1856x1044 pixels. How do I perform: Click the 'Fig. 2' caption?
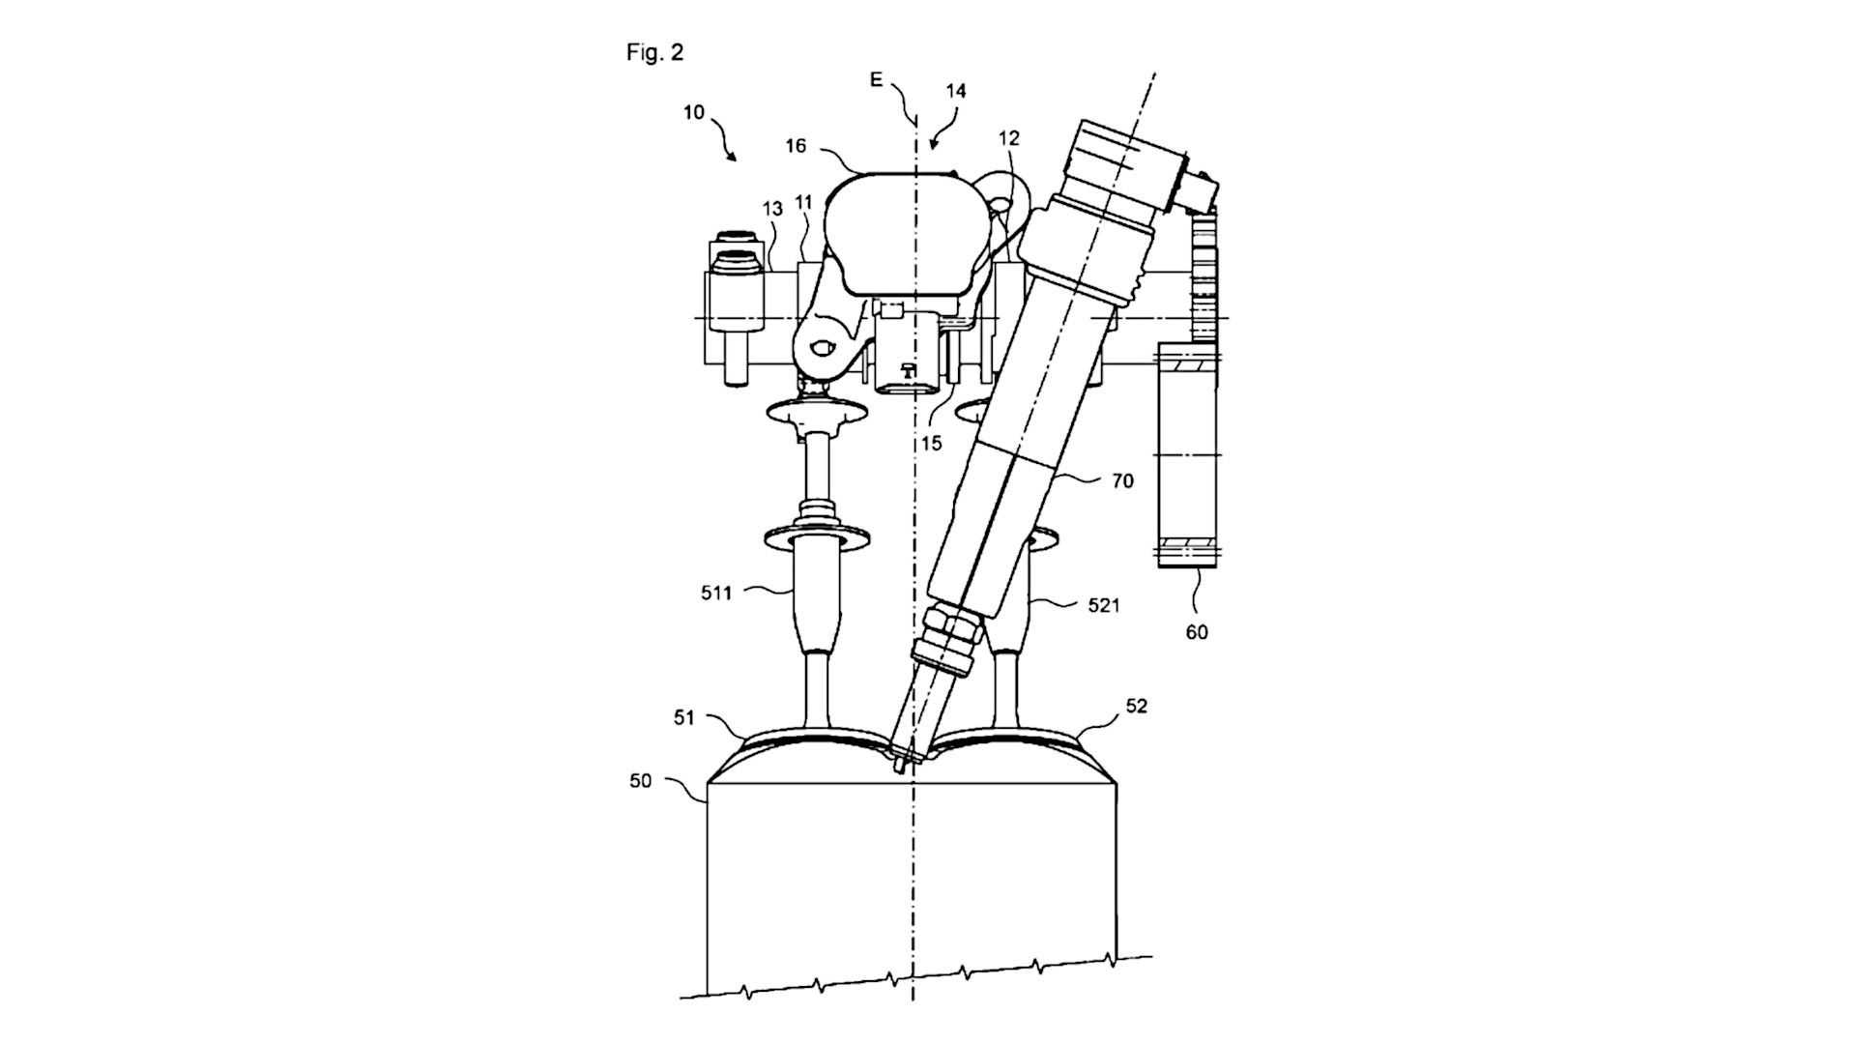[x=654, y=52]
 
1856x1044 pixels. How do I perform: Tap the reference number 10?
[x=693, y=112]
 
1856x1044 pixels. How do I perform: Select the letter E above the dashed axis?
[x=876, y=79]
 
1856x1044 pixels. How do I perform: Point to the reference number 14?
[x=955, y=91]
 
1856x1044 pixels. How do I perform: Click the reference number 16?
[x=796, y=146]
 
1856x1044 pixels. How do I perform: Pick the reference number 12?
[x=1008, y=139]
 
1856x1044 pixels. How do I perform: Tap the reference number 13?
[x=772, y=209]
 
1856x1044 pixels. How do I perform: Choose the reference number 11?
[x=804, y=202]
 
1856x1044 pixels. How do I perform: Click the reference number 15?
[x=931, y=444]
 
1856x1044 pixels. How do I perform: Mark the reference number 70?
[x=1122, y=480]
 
